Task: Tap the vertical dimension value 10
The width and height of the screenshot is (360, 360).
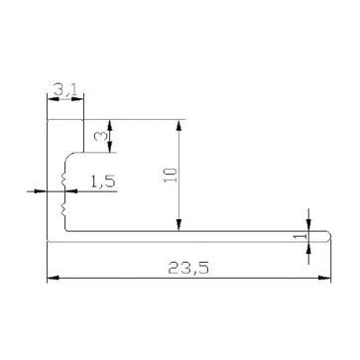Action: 171,177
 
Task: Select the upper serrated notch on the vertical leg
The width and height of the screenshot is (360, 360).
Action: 62,179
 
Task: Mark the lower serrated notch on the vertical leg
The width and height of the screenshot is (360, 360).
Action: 62,207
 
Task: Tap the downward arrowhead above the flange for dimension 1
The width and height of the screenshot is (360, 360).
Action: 309,224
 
